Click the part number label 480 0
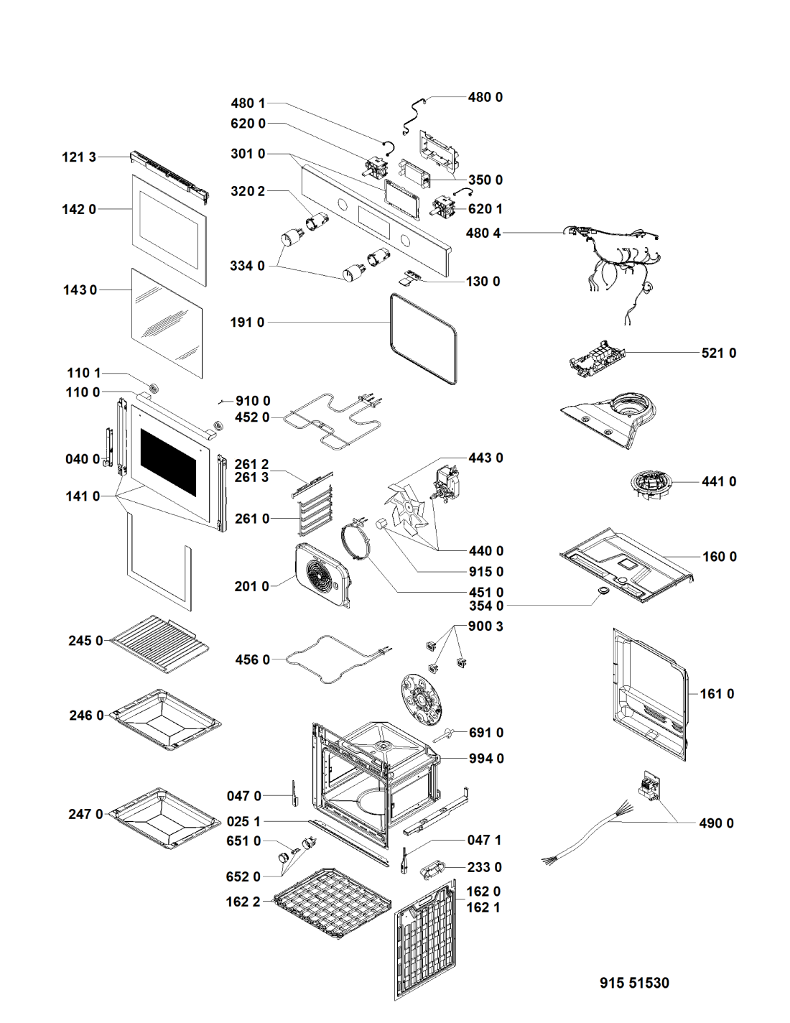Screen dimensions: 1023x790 click(485, 97)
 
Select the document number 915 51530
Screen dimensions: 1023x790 click(634, 983)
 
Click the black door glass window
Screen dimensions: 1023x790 click(168, 463)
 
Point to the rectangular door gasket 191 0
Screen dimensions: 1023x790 click(424, 338)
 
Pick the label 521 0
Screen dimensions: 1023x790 click(718, 353)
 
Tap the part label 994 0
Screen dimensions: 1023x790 click(486, 759)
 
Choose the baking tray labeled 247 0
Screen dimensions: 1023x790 click(165, 818)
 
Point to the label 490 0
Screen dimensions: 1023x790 click(716, 823)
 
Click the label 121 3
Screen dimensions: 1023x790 click(79, 157)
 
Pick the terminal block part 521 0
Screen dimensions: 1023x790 click(596, 356)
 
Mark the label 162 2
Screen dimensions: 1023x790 click(243, 902)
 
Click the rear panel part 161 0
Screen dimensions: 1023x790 click(650, 693)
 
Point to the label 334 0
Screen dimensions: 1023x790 click(247, 266)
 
